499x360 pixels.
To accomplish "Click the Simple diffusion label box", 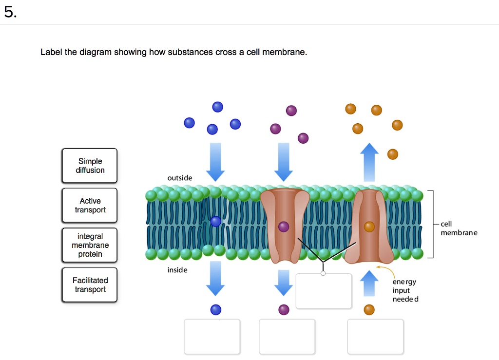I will click(x=90, y=166).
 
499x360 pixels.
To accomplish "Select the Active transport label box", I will click(x=90, y=205).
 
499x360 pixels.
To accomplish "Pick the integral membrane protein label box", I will click(x=90, y=245).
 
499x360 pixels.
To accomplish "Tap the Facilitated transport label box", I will click(x=90, y=284).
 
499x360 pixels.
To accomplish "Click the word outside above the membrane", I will click(x=180, y=178).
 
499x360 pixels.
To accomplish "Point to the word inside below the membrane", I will click(x=177, y=270).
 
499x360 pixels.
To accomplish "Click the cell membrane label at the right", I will click(x=459, y=228).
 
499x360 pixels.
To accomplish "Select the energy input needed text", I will click(x=405, y=290).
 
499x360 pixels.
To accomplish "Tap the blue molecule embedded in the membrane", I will click(x=216, y=222).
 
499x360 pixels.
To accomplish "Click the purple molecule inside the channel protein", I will click(x=284, y=227).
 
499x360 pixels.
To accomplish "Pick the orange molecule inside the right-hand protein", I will click(x=369, y=227).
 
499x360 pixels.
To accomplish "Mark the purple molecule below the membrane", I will click(x=284, y=309).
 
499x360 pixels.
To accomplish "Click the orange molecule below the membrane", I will click(x=369, y=309).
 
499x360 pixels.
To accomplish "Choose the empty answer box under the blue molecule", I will click(x=212, y=336).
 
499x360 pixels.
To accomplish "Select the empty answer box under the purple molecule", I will click(x=287, y=336).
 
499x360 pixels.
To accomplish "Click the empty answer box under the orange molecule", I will click(x=375, y=336).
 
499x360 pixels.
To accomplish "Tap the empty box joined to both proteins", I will click(x=324, y=291).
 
